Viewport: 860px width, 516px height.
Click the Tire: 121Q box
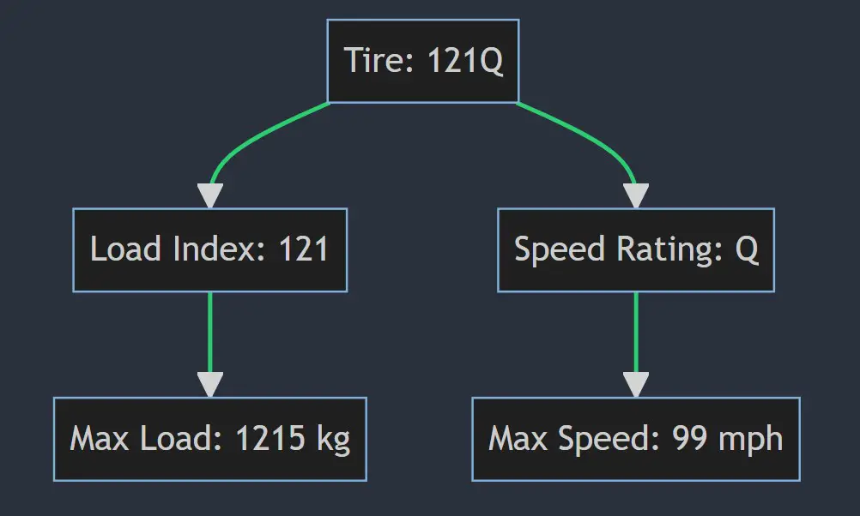coord(423,61)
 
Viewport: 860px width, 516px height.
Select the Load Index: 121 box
coord(210,249)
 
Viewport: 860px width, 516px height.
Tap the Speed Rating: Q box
coord(636,249)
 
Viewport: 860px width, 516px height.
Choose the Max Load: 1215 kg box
coord(210,439)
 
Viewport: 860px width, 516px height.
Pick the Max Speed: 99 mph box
coord(636,439)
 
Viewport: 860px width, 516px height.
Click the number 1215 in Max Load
coord(270,438)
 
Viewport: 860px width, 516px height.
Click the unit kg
coord(334,440)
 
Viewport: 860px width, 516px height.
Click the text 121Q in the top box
coord(464,60)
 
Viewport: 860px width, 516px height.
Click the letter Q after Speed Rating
coord(747,249)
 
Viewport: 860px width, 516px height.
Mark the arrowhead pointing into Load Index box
coord(210,195)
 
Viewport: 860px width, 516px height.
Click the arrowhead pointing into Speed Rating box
coord(636,195)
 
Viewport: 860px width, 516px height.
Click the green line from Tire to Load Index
coord(252,141)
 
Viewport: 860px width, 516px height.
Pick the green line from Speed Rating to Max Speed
coord(636,333)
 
